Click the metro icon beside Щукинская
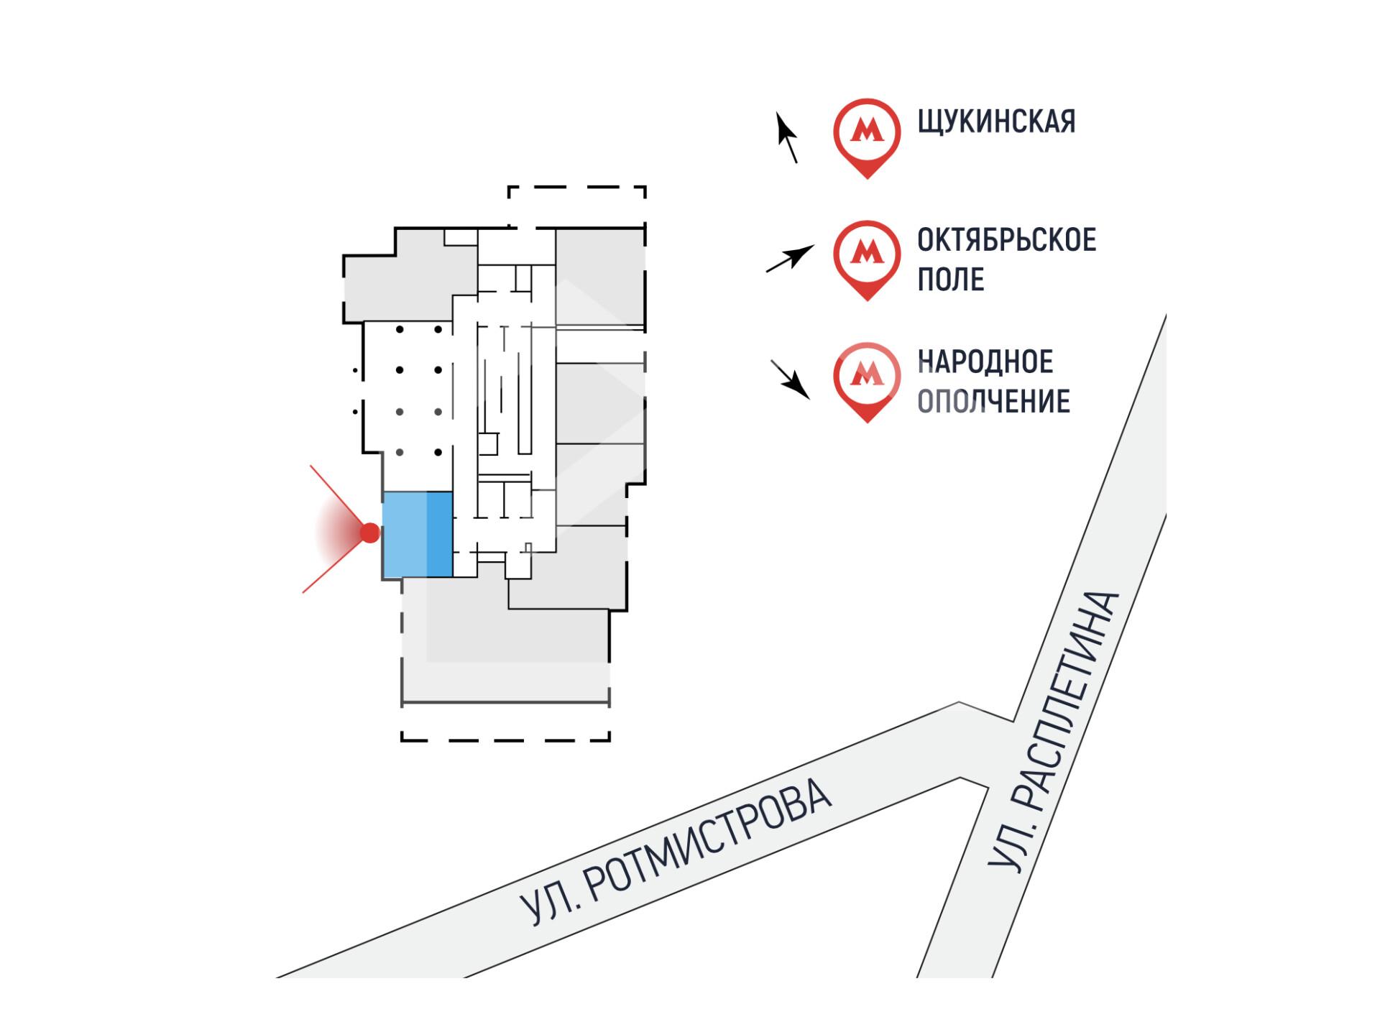[x=867, y=134]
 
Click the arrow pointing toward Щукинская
[x=787, y=137]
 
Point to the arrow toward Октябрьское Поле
[x=790, y=258]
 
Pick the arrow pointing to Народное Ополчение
[x=791, y=379]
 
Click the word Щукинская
[x=996, y=121]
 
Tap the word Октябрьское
[x=1006, y=240]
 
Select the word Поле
[x=950, y=280]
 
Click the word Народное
[x=985, y=362]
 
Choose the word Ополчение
[x=993, y=402]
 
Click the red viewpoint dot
[x=370, y=533]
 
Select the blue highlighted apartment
[x=417, y=535]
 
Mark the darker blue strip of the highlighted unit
[x=439, y=535]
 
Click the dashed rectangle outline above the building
[x=576, y=188]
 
